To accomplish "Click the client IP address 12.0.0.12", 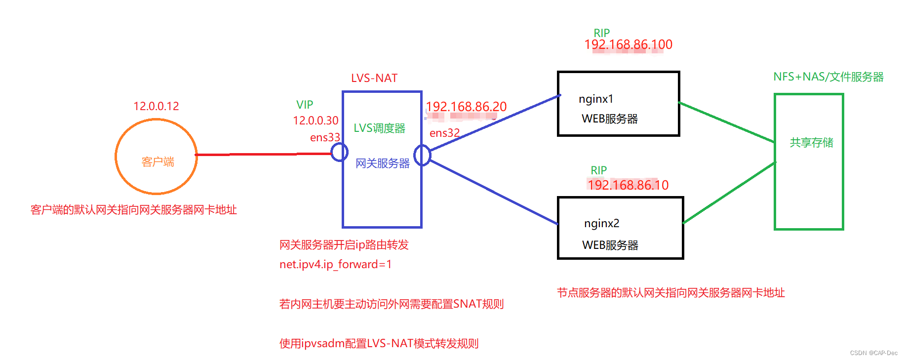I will pos(156,106).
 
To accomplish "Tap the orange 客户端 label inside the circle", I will pos(157,162).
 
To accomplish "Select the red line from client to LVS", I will pos(262,155).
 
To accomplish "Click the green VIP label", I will pos(305,105).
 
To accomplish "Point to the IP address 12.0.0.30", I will pos(315,120).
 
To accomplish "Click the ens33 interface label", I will pos(325,137).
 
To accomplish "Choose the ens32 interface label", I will pos(444,133).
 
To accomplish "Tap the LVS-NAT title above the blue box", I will pos(374,78).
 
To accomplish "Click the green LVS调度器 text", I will pos(379,128).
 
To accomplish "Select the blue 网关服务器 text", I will pos(383,163).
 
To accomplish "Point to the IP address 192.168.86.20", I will pos(466,107).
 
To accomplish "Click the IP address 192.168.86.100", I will pos(628,45).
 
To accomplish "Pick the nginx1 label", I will pos(596,99).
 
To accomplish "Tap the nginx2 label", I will pos(601,224).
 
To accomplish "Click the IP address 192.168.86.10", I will pos(628,185).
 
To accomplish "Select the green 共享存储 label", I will pos(811,143).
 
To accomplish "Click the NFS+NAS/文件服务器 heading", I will pos(828,77).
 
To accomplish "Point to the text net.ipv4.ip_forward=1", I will pos(335,265).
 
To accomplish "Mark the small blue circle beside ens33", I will pos(339,152).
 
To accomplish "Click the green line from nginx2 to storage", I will pos(729,193).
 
